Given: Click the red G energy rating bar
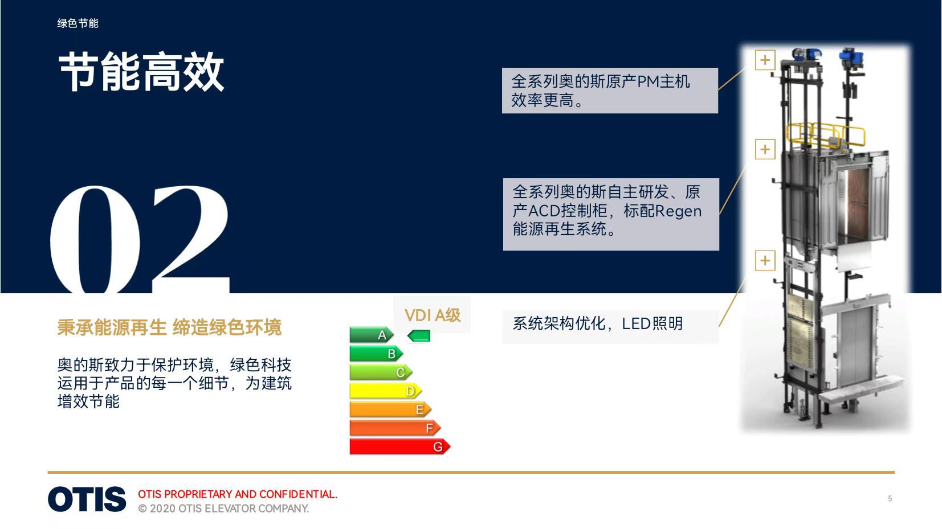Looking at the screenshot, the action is pos(399,446).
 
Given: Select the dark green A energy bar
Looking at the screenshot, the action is pos(372,335).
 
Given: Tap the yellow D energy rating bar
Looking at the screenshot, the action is pos(385,391).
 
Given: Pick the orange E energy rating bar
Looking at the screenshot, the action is pos(390,409).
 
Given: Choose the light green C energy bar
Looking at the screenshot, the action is pos(381,372).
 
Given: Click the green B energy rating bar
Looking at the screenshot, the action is pos(376,354).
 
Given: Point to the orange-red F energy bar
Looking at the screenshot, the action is pos(395,428).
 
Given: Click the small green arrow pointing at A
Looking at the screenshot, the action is pos(419,336).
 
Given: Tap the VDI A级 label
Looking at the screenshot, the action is pos(433,315).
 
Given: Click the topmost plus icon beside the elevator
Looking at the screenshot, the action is pos(765,60).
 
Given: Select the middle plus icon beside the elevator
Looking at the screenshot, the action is pos(765,149).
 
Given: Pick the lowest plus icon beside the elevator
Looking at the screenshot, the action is pos(765,260).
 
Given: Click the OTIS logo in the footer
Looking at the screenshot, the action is pos(87,499).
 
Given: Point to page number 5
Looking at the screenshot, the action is pos(890,498).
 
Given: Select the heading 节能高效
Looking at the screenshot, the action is pos(141,72).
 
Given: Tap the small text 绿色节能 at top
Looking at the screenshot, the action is pos(78,23).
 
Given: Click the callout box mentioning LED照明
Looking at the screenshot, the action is pos(610,326).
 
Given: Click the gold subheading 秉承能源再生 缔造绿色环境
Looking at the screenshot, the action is pos(169,327).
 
